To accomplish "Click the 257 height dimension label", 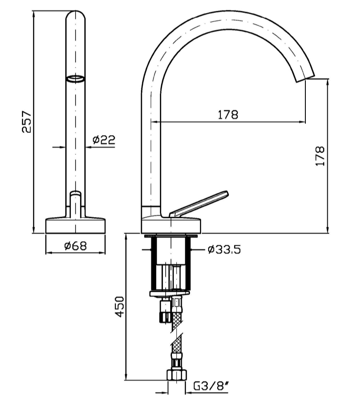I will coord(27,122).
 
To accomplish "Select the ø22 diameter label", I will coord(103,140).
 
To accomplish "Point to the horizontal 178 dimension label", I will coord(228,115).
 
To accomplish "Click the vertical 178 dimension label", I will coord(320,156).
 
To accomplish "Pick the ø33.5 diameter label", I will coord(224,250).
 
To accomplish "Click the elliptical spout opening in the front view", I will coord(75,79).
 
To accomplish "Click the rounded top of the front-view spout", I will coord(76,18).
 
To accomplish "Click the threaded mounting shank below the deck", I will coord(171,264).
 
